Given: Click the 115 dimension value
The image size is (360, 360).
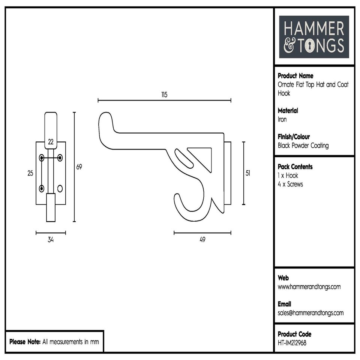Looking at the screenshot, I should (164, 94).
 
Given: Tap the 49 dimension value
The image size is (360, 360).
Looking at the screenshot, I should (202, 240).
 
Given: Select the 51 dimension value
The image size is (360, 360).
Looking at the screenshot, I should (248, 173).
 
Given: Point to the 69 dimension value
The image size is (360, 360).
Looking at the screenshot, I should (79, 167).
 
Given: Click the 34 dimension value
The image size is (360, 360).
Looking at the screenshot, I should (51, 240).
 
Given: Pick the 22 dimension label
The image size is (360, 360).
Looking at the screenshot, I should (51, 142).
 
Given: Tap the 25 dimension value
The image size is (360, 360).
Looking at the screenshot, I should (30, 173).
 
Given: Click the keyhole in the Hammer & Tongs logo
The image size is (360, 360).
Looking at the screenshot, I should (310, 46).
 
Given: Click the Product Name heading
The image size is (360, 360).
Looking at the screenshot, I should (295, 76).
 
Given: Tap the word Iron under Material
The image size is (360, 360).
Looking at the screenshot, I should (282, 119).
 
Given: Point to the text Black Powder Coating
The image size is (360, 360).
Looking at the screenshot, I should (303, 145).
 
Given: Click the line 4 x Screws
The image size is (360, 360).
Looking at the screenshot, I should (290, 184).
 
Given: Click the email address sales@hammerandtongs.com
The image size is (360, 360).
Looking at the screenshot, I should (310, 313).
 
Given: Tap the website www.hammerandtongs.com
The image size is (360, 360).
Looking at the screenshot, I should (309, 287).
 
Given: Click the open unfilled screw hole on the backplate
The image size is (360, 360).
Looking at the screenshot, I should (60, 188).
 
